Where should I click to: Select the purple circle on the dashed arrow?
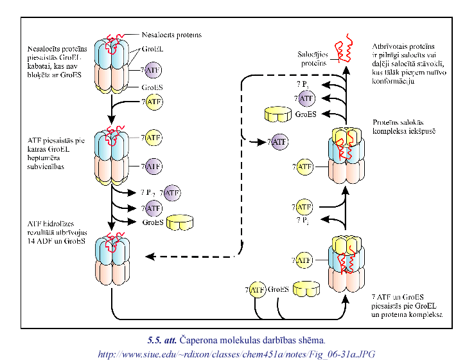point(279,141)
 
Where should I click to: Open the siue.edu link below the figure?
point(236,352)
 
